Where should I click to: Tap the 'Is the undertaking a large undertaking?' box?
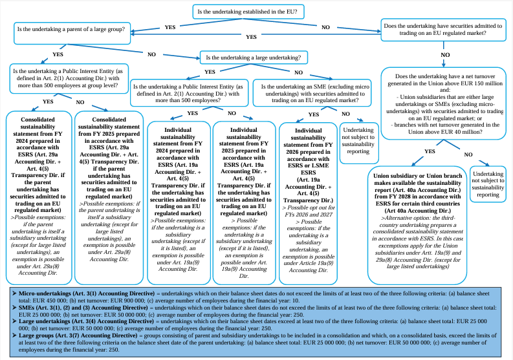[x=254, y=58]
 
